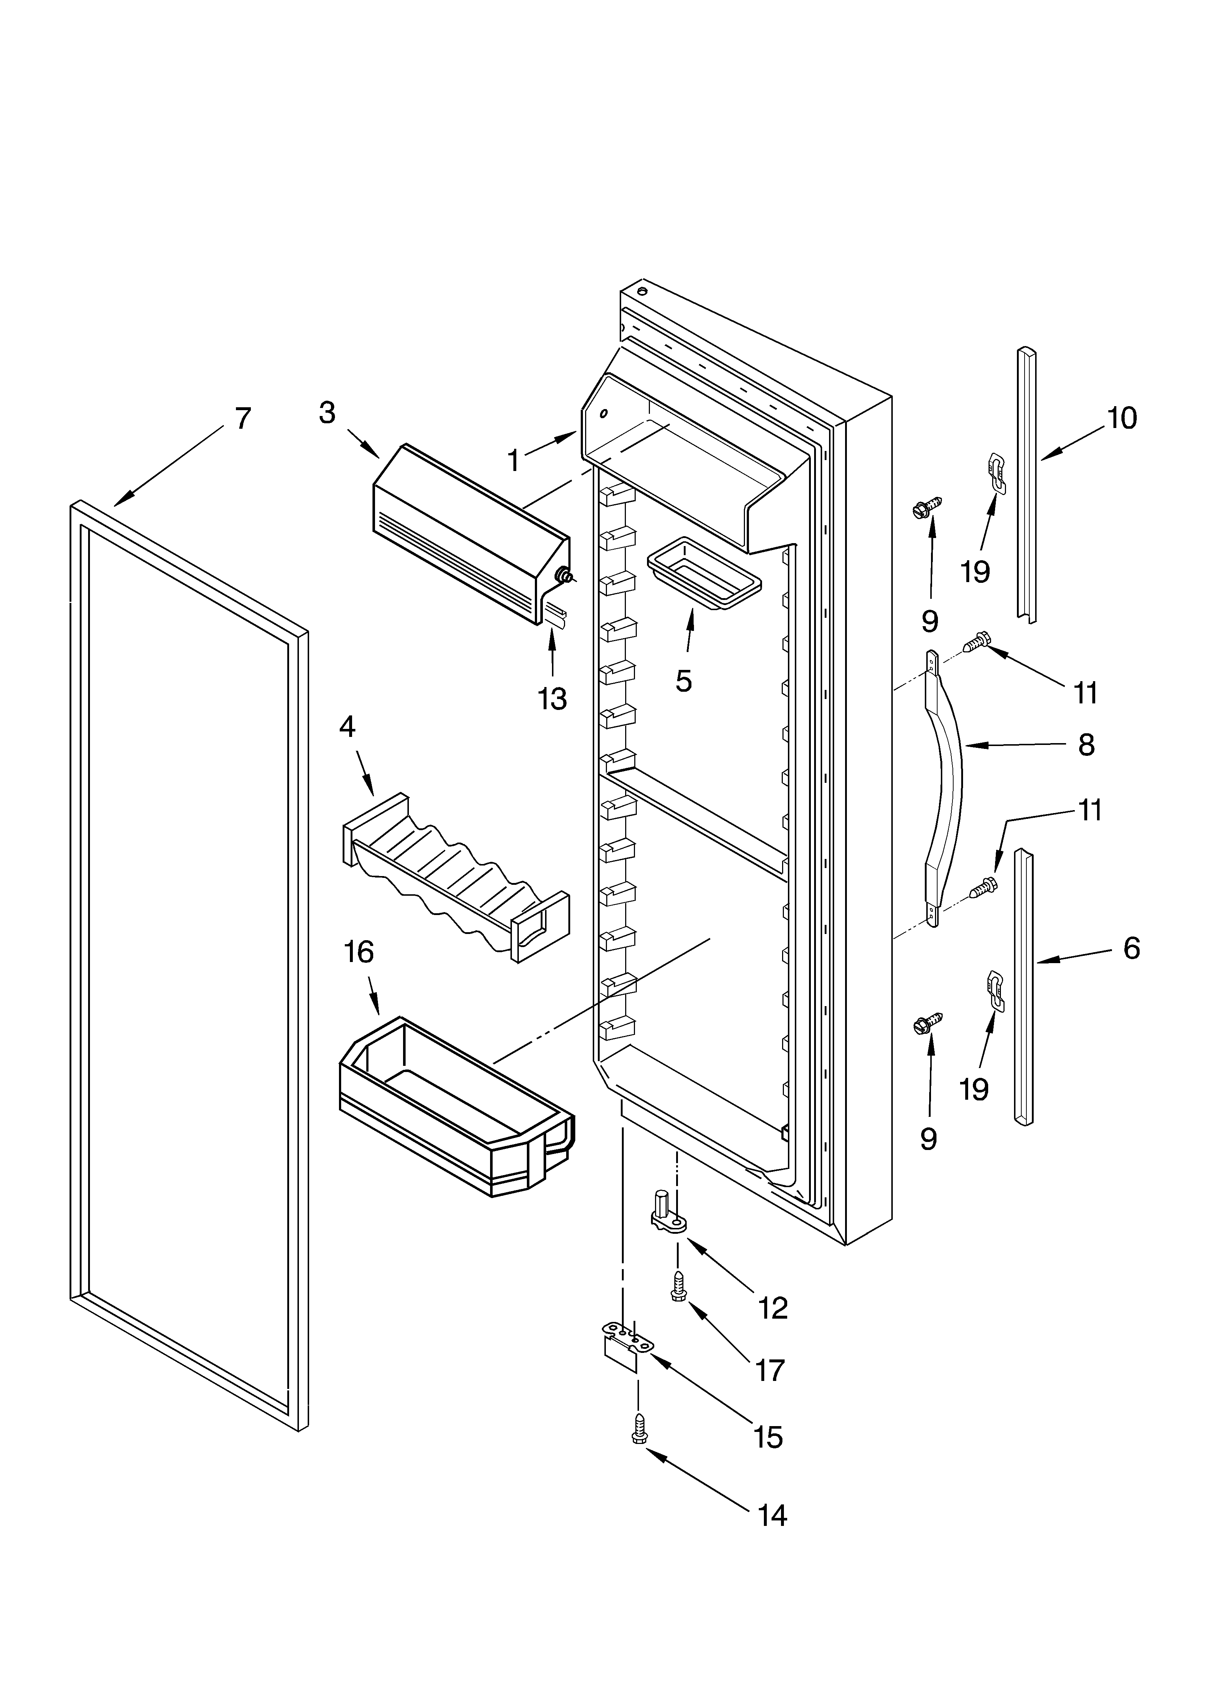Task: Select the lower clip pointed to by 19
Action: [x=997, y=992]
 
